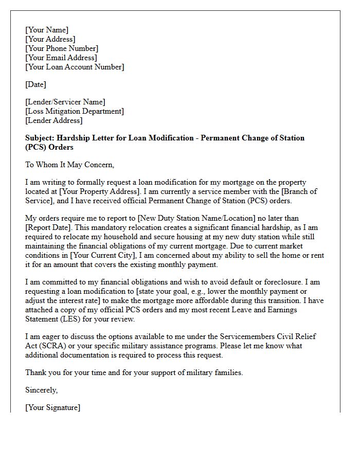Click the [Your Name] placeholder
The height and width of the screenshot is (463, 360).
click(x=47, y=30)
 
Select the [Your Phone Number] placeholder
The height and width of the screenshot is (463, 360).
click(x=62, y=48)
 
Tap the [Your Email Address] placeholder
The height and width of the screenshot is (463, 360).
click(x=61, y=58)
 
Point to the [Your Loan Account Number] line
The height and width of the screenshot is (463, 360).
click(x=75, y=67)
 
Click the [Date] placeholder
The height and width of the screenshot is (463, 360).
click(x=35, y=84)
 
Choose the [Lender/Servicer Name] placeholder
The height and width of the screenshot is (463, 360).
click(x=65, y=102)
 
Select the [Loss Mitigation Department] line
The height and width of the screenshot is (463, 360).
click(x=75, y=111)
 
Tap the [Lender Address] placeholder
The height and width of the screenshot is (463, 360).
click(x=53, y=120)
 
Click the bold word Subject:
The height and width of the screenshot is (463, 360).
click(x=40, y=138)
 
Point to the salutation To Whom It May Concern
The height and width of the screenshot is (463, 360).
click(x=69, y=165)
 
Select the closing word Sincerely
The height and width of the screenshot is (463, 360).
click(x=42, y=390)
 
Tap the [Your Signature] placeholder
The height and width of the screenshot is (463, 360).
click(x=52, y=407)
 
